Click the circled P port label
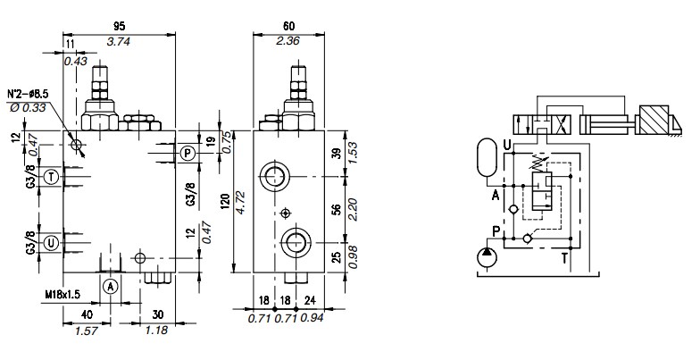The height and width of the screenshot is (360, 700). pos(187,154)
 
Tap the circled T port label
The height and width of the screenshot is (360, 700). pos(52,177)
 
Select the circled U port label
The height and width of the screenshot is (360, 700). pos(52,243)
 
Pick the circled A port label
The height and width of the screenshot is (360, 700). pos(111,286)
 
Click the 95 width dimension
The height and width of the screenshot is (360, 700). pos(120,27)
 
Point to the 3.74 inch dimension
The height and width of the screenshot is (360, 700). pos(119,41)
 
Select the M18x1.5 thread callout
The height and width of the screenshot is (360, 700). pos(62,295)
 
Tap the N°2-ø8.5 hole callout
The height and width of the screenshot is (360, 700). pos(28,94)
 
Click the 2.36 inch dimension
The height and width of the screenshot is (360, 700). pos(287,41)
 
